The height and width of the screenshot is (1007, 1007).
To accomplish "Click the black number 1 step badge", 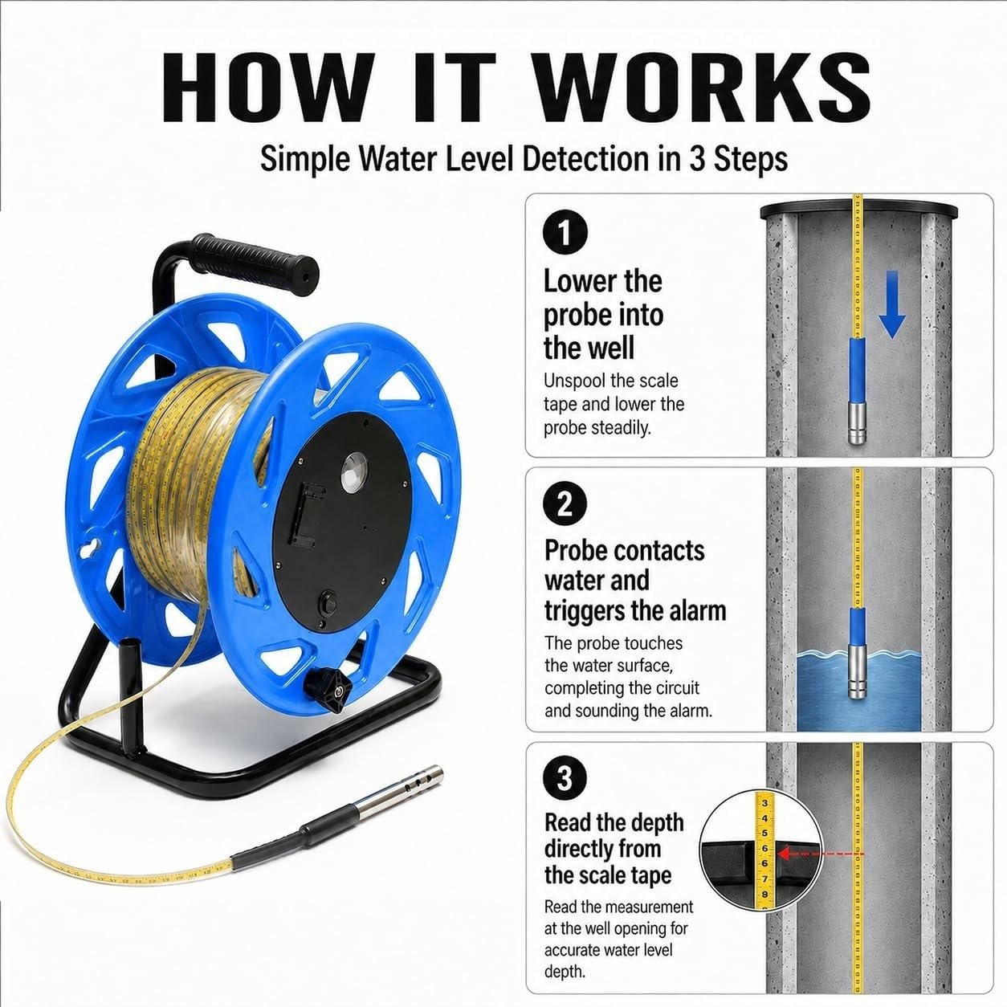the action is pyautogui.click(x=565, y=232).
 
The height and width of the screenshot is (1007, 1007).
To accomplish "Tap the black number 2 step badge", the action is pyautogui.click(x=565, y=505).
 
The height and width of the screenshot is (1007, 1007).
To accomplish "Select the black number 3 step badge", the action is pyautogui.click(x=565, y=778).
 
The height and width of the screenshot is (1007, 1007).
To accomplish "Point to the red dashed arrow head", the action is pyautogui.click(x=784, y=854).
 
